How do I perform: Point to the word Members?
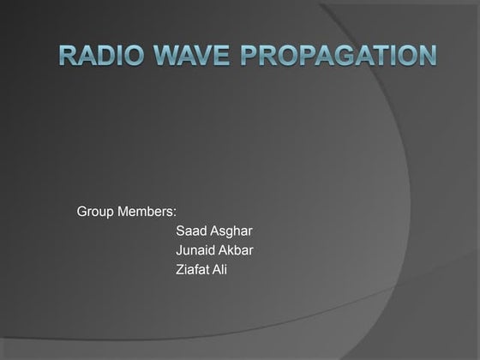pos(147,211)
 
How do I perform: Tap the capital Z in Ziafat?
pos(179,270)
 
